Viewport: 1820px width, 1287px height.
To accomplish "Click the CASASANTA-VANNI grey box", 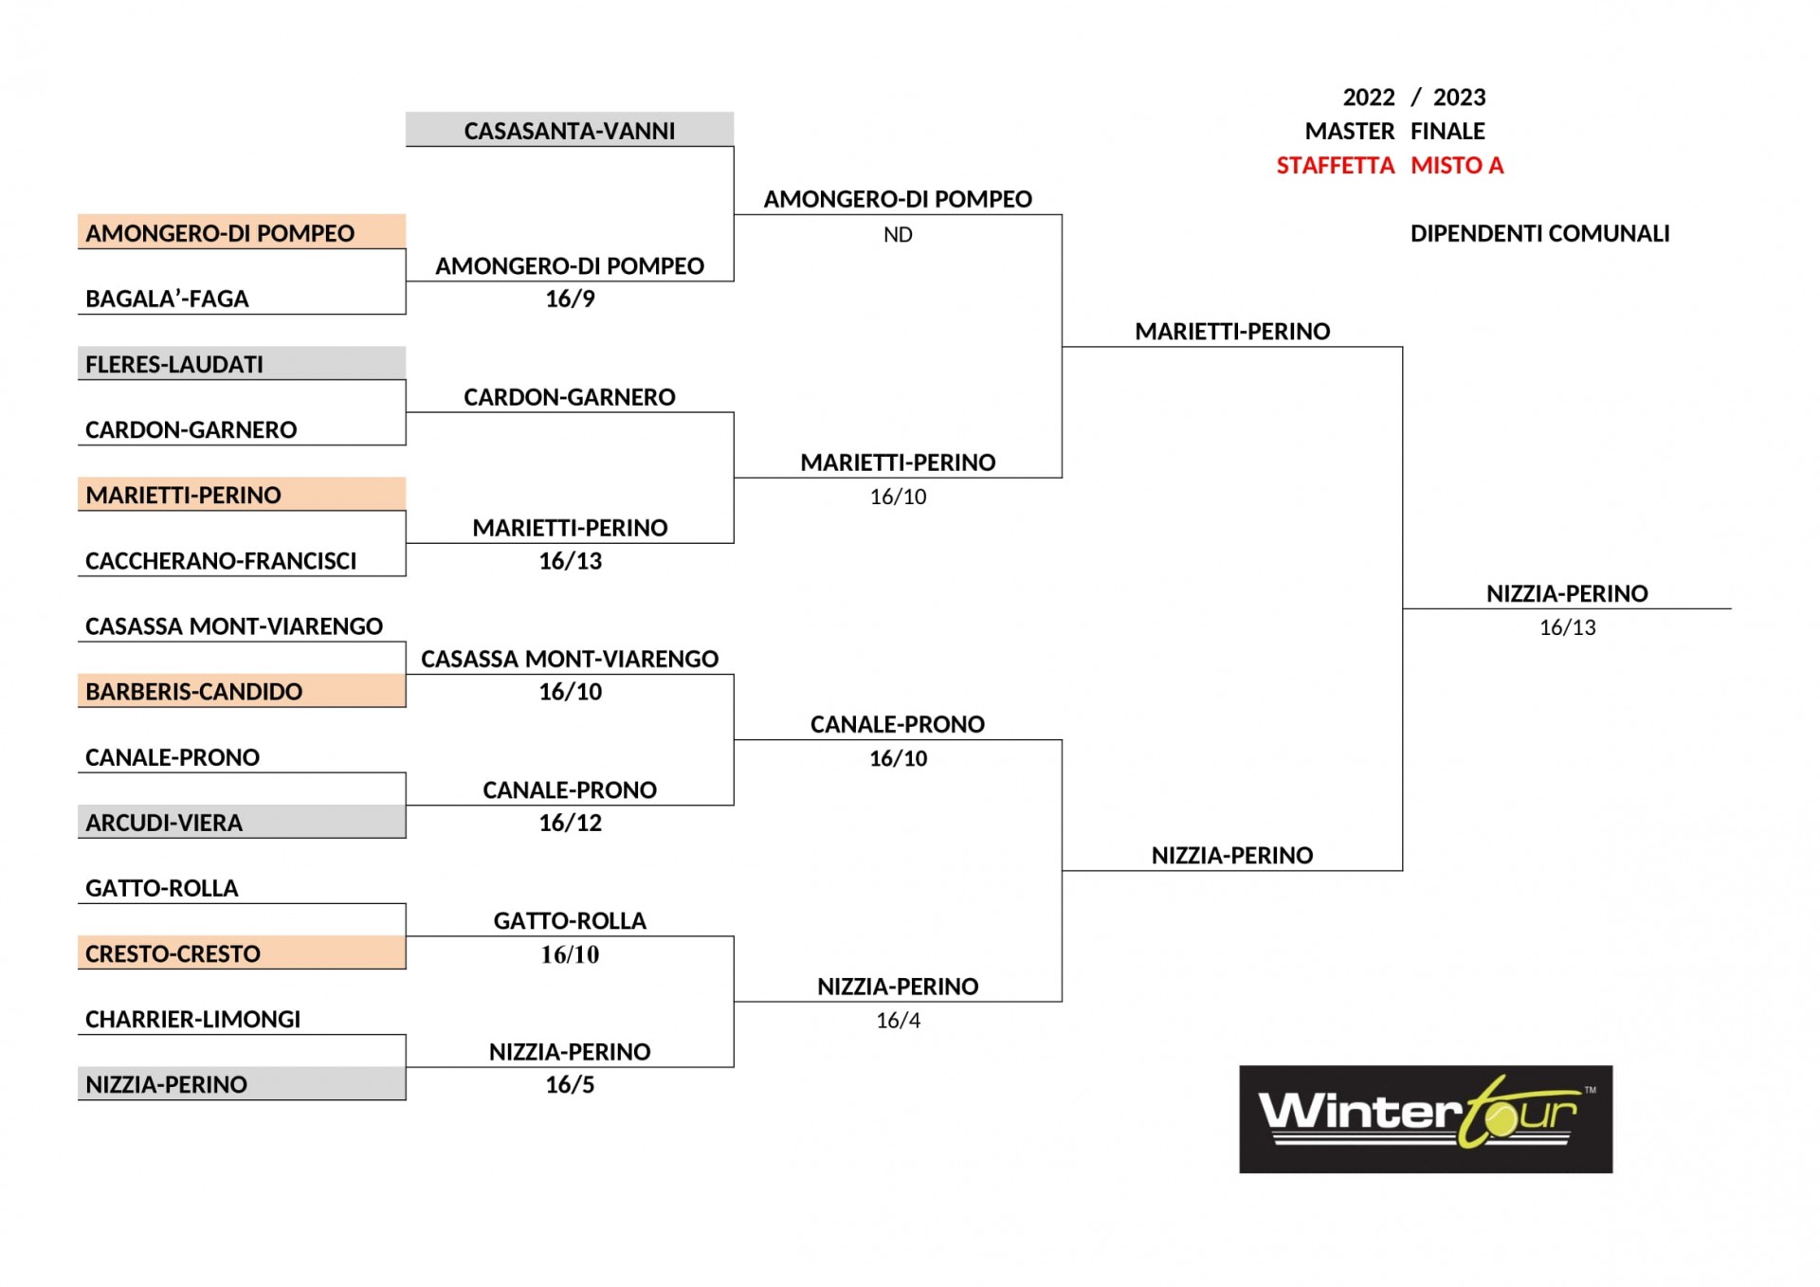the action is [x=570, y=130].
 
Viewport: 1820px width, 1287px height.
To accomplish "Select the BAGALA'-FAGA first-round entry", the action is [x=167, y=299].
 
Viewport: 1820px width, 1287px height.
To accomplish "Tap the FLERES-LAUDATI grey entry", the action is [x=242, y=364].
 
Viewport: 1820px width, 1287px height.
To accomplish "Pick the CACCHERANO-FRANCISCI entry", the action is [x=221, y=561].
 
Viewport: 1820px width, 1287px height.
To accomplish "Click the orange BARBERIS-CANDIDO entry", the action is [x=242, y=691].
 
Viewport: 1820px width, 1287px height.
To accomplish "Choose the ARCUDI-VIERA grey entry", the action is [x=242, y=822].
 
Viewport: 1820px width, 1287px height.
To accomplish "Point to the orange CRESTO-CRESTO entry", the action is [x=242, y=952].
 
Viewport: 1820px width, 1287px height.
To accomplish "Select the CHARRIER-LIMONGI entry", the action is [x=192, y=1019].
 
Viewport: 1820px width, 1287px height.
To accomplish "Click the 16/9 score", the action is [x=570, y=299].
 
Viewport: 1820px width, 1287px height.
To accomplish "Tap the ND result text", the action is [x=898, y=235].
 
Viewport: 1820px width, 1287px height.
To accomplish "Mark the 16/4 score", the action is [x=898, y=1021].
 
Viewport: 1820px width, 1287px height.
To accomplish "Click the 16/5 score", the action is [x=570, y=1084].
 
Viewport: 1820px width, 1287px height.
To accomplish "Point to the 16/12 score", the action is [x=570, y=823].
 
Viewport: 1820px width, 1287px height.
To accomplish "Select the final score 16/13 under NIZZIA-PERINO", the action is [x=1567, y=627].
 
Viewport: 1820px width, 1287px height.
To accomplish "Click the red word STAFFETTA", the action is [x=1335, y=166].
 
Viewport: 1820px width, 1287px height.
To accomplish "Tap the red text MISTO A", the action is [x=1457, y=166].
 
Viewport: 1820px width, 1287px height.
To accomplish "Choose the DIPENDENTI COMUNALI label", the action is [x=1539, y=233].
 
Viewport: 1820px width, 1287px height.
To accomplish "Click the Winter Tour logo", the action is [x=1426, y=1119].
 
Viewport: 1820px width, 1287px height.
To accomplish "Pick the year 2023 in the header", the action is [x=1459, y=98].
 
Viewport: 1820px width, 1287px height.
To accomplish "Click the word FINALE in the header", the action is [x=1447, y=131].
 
